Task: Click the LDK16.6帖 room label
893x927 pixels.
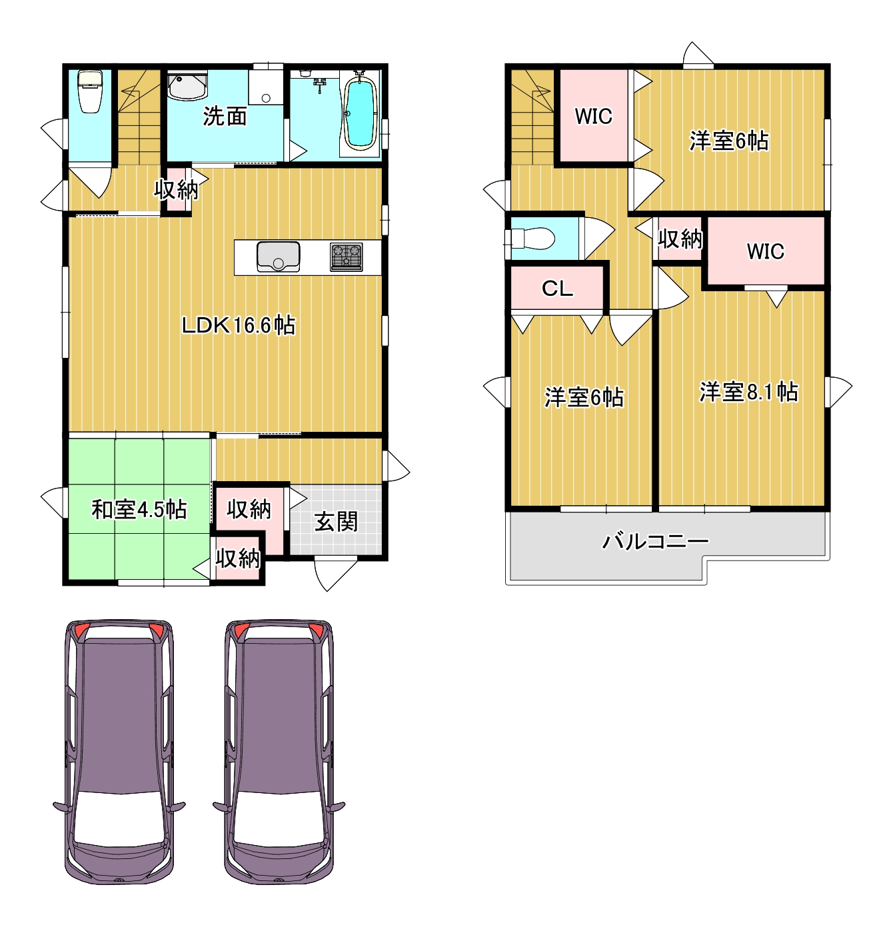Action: click(x=239, y=325)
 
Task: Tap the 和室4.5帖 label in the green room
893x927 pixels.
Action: click(x=139, y=509)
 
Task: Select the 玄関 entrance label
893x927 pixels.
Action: click(x=336, y=522)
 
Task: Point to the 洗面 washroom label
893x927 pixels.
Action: click(x=225, y=116)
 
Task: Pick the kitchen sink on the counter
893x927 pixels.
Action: click(x=278, y=257)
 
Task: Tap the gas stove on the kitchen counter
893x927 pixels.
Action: click(x=347, y=257)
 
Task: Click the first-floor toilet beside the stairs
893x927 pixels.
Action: click(x=90, y=91)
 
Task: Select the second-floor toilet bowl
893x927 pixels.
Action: click(x=532, y=237)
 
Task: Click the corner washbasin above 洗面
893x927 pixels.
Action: click(x=187, y=86)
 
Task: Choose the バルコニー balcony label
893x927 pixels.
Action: click(x=656, y=541)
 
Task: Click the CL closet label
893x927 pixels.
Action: click(x=557, y=288)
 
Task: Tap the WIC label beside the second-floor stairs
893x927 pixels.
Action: click(x=593, y=116)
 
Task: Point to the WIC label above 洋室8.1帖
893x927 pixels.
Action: click(x=765, y=251)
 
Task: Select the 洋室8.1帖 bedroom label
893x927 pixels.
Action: click(x=748, y=392)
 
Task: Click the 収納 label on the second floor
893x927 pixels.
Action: click(x=680, y=238)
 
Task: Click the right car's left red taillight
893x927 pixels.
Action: click(x=241, y=630)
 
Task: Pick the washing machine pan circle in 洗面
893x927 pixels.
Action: click(x=266, y=98)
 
